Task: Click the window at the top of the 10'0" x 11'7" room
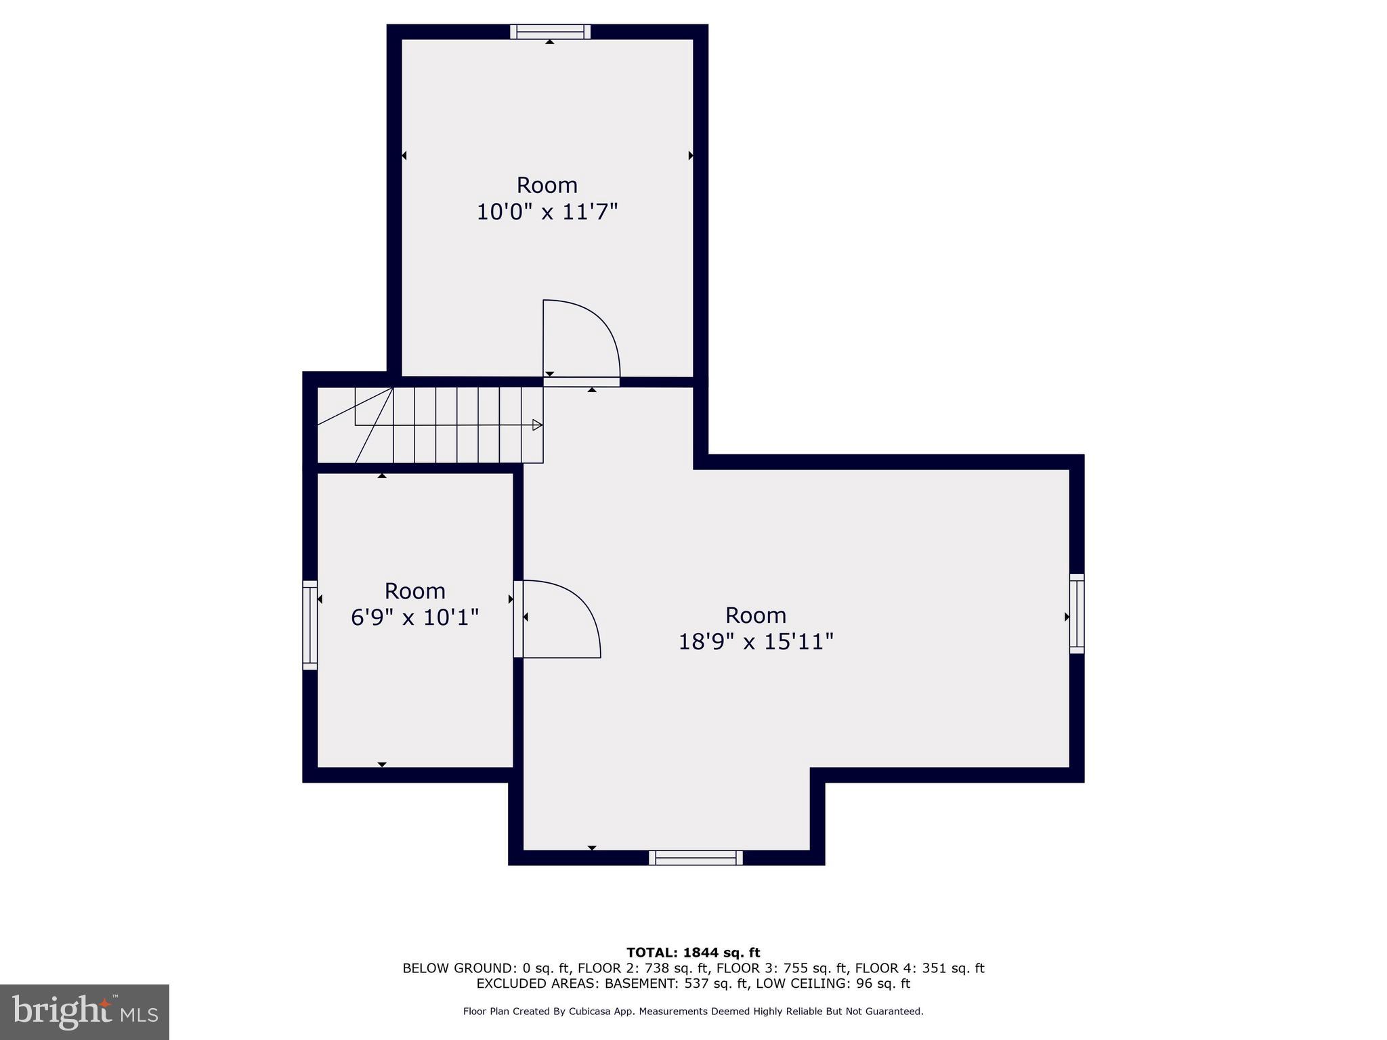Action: click(x=550, y=32)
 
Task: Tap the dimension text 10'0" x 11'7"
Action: click(x=547, y=212)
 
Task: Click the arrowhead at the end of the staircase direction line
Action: click(x=537, y=425)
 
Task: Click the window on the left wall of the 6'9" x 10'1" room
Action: click(x=310, y=624)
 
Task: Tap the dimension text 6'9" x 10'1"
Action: click(x=414, y=617)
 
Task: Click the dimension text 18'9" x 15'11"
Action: click(x=756, y=641)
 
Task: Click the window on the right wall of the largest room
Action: click(x=1076, y=613)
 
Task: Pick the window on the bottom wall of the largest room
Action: click(x=696, y=858)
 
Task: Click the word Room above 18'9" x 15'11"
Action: click(x=756, y=615)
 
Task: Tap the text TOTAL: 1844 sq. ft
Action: click(x=693, y=953)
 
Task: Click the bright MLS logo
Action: click(x=85, y=1012)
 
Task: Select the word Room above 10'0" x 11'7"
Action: click(x=547, y=185)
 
